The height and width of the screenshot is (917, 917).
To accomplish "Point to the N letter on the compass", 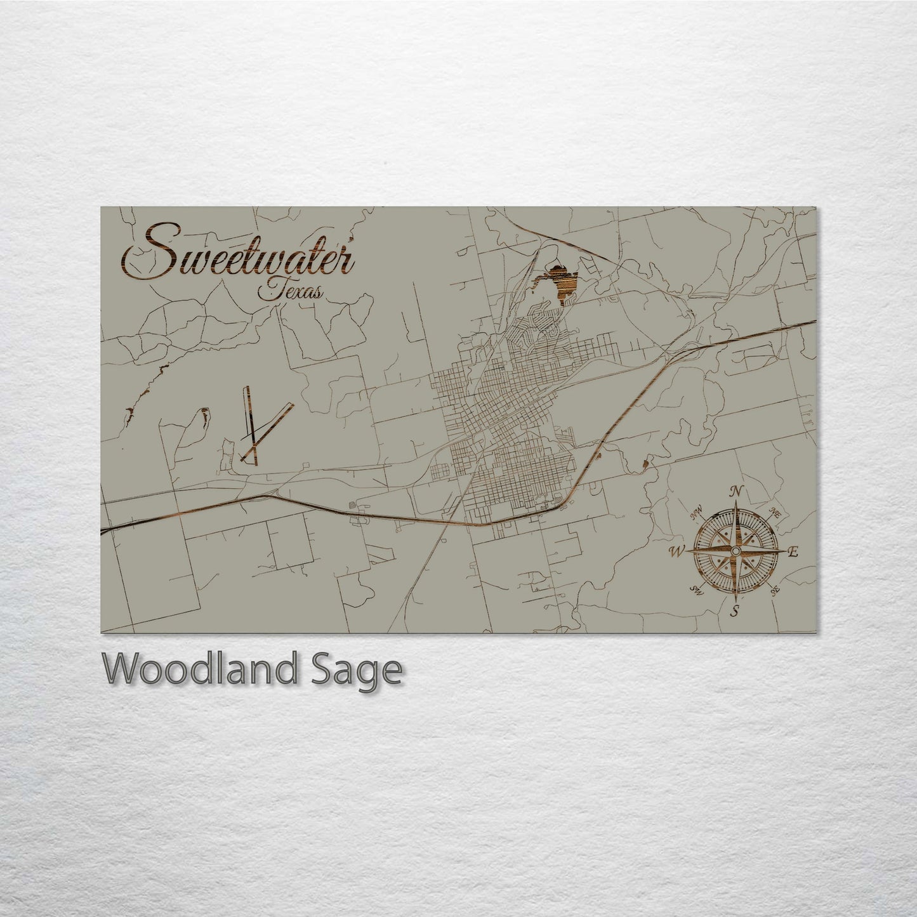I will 736,492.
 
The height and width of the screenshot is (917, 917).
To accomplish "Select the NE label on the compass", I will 774,511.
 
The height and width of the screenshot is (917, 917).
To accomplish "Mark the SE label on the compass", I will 774,591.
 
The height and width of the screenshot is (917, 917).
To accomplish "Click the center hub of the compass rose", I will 735,551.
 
